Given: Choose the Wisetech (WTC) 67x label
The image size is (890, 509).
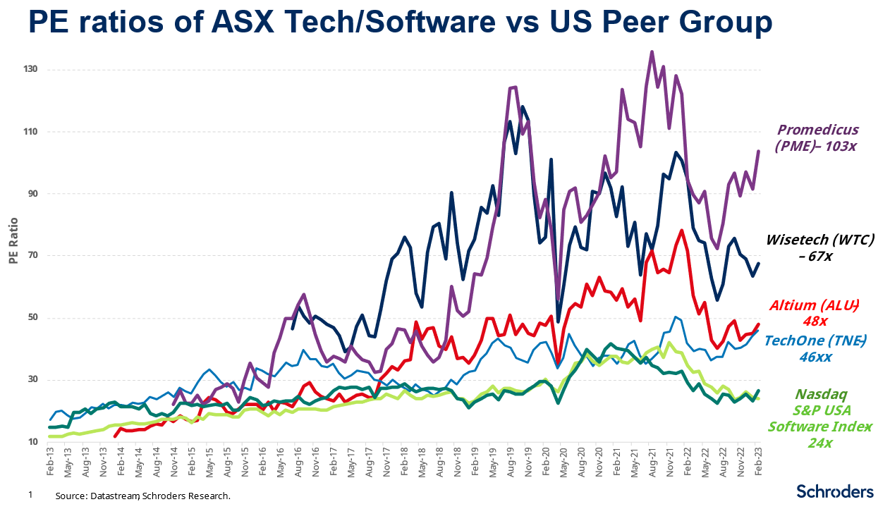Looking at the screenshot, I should [x=822, y=247].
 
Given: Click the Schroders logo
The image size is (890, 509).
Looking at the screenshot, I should [x=834, y=491].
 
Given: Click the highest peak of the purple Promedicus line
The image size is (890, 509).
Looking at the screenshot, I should [x=652, y=51].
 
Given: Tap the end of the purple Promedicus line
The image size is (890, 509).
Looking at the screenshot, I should [x=758, y=152].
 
